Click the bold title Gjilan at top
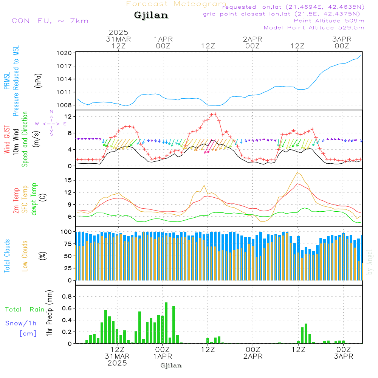point(151,15)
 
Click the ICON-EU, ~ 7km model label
point(49,21)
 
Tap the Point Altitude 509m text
point(329,21)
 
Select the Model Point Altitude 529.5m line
point(314,28)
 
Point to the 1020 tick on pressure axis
point(64,53)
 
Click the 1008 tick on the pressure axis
point(64,105)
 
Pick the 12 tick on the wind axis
point(68,116)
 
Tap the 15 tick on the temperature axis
point(68,180)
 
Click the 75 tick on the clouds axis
point(68,244)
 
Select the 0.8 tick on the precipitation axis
point(67,296)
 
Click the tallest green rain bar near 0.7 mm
point(166,323)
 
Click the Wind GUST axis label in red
point(7,139)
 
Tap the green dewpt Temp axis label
point(34,199)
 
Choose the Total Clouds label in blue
point(7,256)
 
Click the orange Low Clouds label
point(25,256)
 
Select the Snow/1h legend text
point(21,323)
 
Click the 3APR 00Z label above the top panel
point(342,42)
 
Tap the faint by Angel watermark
point(370,262)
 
